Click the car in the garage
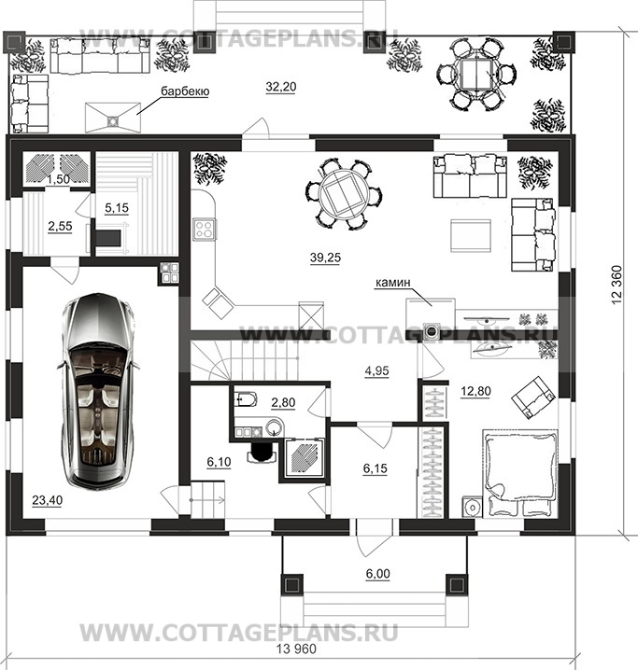click(98, 391)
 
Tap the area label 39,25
click(325, 258)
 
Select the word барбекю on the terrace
click(185, 91)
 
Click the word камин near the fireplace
click(392, 282)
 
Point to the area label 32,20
click(280, 87)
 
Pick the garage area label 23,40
click(47, 499)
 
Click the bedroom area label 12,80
click(475, 391)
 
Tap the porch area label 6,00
click(378, 574)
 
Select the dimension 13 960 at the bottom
click(296, 649)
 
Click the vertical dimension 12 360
click(617, 285)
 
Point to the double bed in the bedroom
click(520, 473)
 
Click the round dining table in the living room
click(344, 195)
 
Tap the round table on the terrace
click(476, 75)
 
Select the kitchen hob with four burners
click(205, 229)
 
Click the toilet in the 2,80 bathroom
click(246, 399)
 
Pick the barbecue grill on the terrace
click(113, 117)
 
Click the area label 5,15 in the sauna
click(117, 208)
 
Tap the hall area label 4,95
click(376, 370)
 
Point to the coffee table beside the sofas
click(471, 235)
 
